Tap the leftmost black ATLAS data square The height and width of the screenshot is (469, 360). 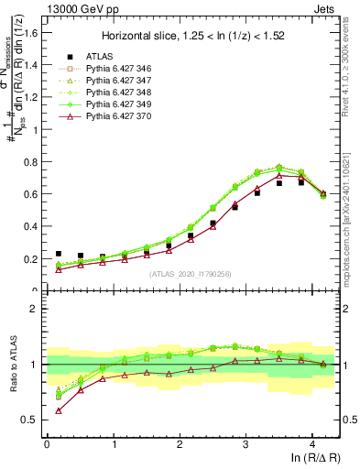[x=58, y=254]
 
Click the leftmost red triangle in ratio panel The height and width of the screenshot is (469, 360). [x=58, y=410]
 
